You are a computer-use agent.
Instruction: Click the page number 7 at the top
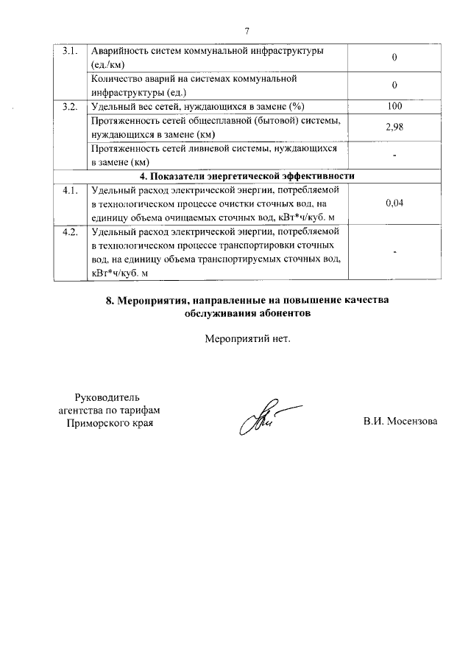247,30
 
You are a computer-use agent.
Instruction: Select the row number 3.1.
70,50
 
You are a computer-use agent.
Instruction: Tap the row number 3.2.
70,107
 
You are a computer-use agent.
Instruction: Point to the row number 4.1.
70,190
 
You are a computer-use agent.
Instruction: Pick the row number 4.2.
70,232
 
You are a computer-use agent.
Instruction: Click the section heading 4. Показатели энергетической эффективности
247,176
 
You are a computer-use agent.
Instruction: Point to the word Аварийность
118,50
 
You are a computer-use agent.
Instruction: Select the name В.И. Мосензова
400,422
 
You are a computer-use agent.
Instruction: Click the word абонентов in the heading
282,312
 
